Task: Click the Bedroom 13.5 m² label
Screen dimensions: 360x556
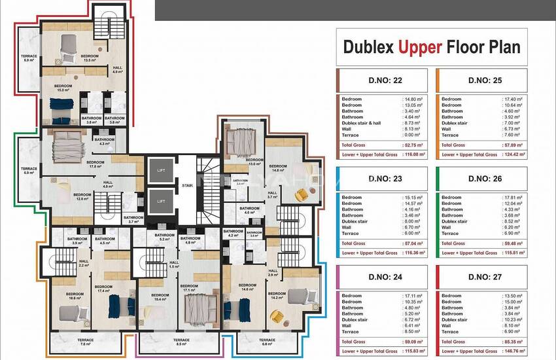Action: click(x=90, y=58)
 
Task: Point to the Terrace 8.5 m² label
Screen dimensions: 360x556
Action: click(x=181, y=341)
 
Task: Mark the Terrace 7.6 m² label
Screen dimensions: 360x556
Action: click(x=86, y=341)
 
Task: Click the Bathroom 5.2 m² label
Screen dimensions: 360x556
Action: click(x=164, y=237)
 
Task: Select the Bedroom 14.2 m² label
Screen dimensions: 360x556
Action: click(x=277, y=295)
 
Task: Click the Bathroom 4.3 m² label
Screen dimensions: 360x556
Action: click(x=105, y=141)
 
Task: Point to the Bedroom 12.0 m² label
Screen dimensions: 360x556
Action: click(x=82, y=196)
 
